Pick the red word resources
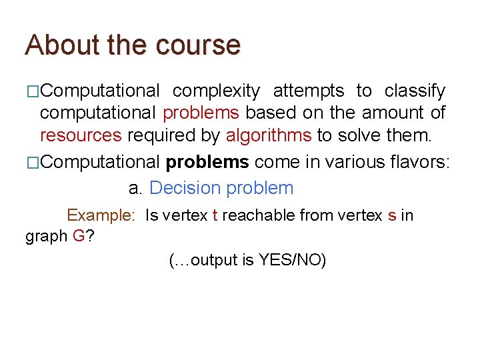[x=81, y=136]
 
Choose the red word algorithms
[x=268, y=136]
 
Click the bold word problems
[x=207, y=162]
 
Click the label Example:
[x=101, y=215]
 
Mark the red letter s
[x=391, y=215]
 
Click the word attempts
[x=309, y=91]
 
